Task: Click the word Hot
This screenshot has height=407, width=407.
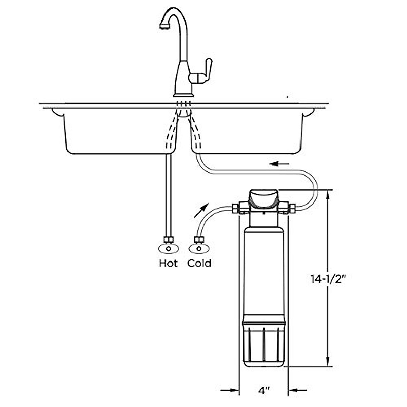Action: pyautogui.click(x=168, y=263)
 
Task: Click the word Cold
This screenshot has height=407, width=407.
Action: pyautogui.click(x=199, y=263)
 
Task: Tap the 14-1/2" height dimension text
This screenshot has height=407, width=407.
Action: pyautogui.click(x=328, y=279)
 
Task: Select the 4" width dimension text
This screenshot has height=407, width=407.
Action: pyautogui.click(x=264, y=391)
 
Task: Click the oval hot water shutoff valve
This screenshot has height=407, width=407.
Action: pyautogui.click(x=169, y=248)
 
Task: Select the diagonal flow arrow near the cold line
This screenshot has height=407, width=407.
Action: pyautogui.click(x=201, y=211)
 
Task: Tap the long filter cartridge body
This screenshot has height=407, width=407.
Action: pyautogui.click(x=264, y=271)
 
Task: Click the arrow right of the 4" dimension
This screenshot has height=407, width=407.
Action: pyautogui.click(x=298, y=390)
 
